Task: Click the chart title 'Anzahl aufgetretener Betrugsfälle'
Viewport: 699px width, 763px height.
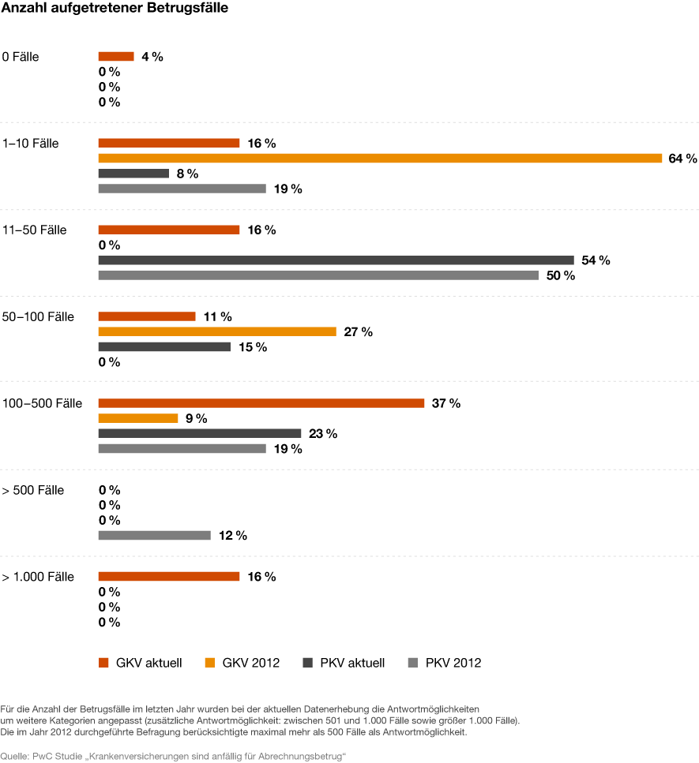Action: pos(115,8)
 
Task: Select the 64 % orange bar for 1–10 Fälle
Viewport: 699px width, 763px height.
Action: pos(380,158)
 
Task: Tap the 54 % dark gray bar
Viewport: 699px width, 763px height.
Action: pos(336,260)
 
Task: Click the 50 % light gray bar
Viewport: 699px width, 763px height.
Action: pos(318,275)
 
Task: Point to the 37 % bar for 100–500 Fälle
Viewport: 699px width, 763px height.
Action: pos(261,403)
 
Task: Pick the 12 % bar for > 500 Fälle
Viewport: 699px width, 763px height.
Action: pos(155,535)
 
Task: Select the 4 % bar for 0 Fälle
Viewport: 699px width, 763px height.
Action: pos(116,57)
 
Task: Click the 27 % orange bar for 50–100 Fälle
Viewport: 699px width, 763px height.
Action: pos(217,331)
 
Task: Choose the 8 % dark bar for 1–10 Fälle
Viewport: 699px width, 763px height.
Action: pos(133,174)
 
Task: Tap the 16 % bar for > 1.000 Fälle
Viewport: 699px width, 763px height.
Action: pos(169,576)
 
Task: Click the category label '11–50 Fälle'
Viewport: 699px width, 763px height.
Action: pos(35,230)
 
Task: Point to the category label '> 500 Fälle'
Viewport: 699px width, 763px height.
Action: pos(33,490)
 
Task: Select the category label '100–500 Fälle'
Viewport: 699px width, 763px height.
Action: pos(43,403)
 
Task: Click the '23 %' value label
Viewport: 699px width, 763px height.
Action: pos(323,433)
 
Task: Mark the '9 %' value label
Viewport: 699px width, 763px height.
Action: pos(197,418)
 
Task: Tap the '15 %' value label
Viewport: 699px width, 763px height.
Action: pos(253,347)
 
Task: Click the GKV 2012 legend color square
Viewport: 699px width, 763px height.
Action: pos(210,663)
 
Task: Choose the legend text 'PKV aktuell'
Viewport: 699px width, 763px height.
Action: pos(352,663)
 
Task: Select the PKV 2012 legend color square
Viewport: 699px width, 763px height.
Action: pos(413,663)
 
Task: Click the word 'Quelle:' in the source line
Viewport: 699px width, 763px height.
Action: pos(15,756)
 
